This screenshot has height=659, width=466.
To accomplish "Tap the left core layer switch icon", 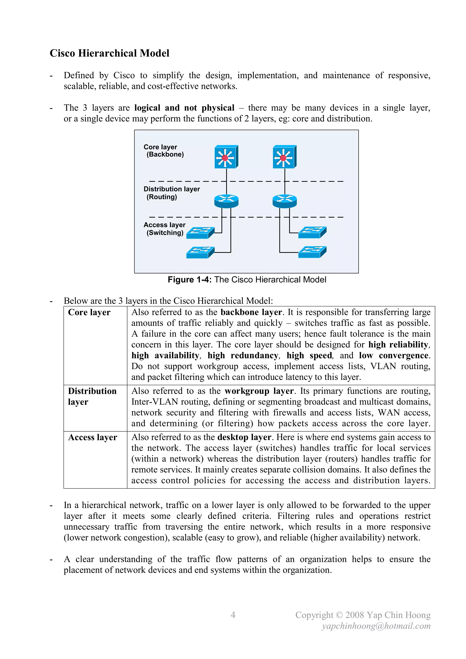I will pos(226,157).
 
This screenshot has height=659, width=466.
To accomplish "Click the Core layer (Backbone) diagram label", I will pos(164,151).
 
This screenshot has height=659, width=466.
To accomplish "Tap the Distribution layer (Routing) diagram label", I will pos(171,193).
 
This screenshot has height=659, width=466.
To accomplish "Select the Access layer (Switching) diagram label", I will pos(165,229).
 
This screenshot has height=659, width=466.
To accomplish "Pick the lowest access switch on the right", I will pos(312,252).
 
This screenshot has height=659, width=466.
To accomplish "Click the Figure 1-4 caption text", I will pos(247,280).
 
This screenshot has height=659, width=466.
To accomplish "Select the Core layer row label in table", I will pos(89,312).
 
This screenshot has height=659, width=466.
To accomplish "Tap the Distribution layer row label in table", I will pos(92,396).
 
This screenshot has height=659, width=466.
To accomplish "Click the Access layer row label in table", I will pos(92,438).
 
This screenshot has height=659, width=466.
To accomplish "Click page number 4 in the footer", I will pos(233,615).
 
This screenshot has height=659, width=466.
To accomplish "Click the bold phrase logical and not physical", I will pos(184,108).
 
